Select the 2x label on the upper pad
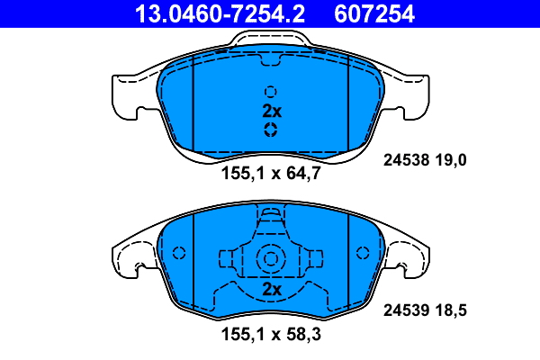[x=272, y=112]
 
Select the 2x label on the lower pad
[x=272, y=289]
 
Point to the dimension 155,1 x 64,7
[x=271, y=173]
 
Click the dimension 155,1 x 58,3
[x=271, y=336]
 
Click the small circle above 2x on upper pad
[x=270, y=91]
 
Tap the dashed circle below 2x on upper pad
[x=270, y=130]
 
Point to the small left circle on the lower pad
[x=178, y=254]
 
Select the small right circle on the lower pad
[x=363, y=254]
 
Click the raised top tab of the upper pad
[x=271, y=40]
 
